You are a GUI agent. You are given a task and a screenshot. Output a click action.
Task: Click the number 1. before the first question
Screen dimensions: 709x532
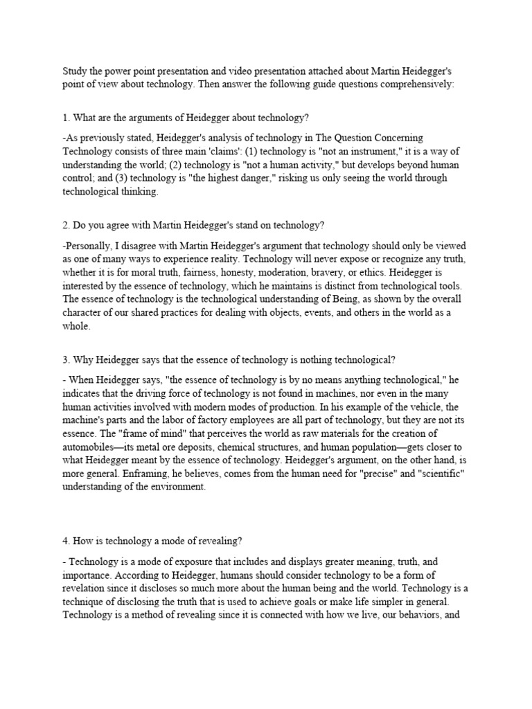pyautogui.click(x=66, y=118)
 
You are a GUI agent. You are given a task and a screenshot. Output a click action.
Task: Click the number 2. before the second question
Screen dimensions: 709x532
pyautogui.click(x=66, y=224)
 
